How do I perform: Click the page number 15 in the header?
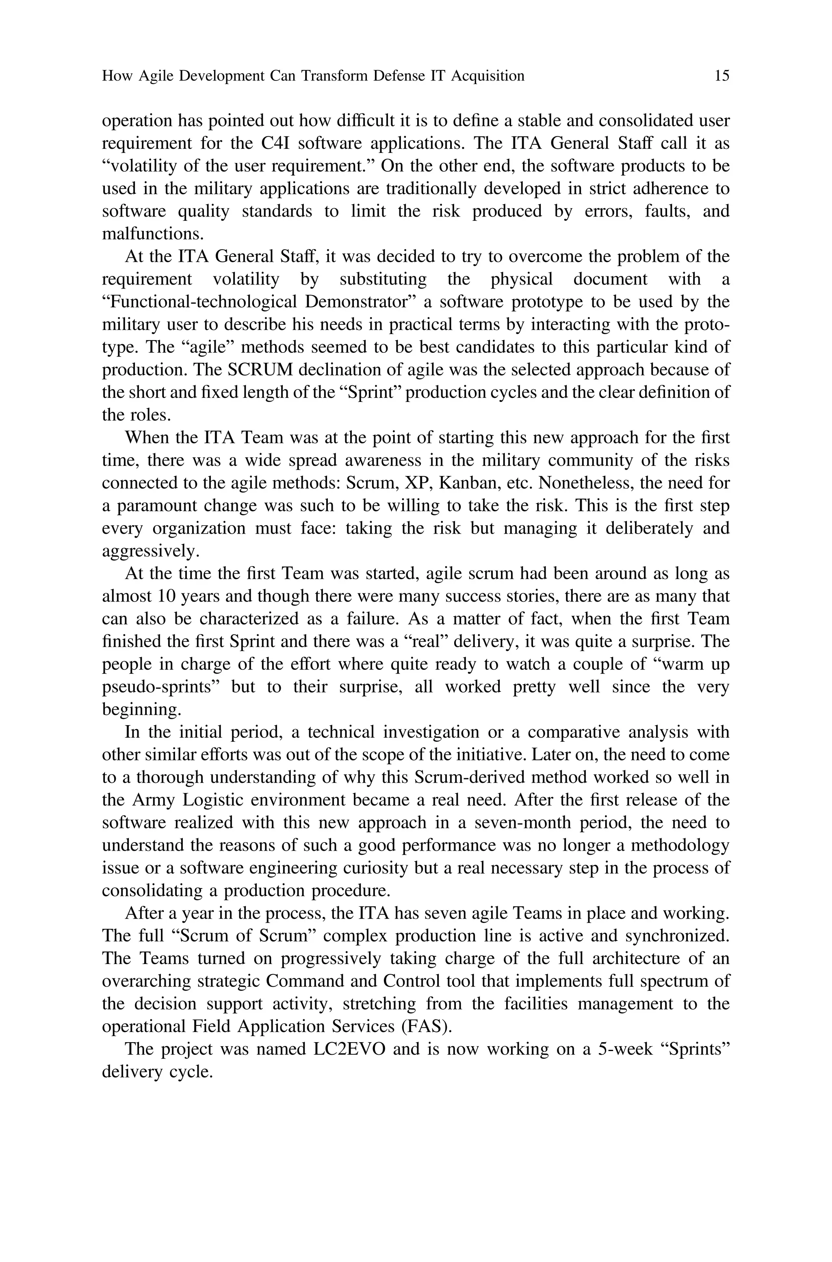click(721, 76)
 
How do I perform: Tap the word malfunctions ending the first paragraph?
click(152, 234)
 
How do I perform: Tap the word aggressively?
click(150, 551)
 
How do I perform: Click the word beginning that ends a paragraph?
click(141, 710)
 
